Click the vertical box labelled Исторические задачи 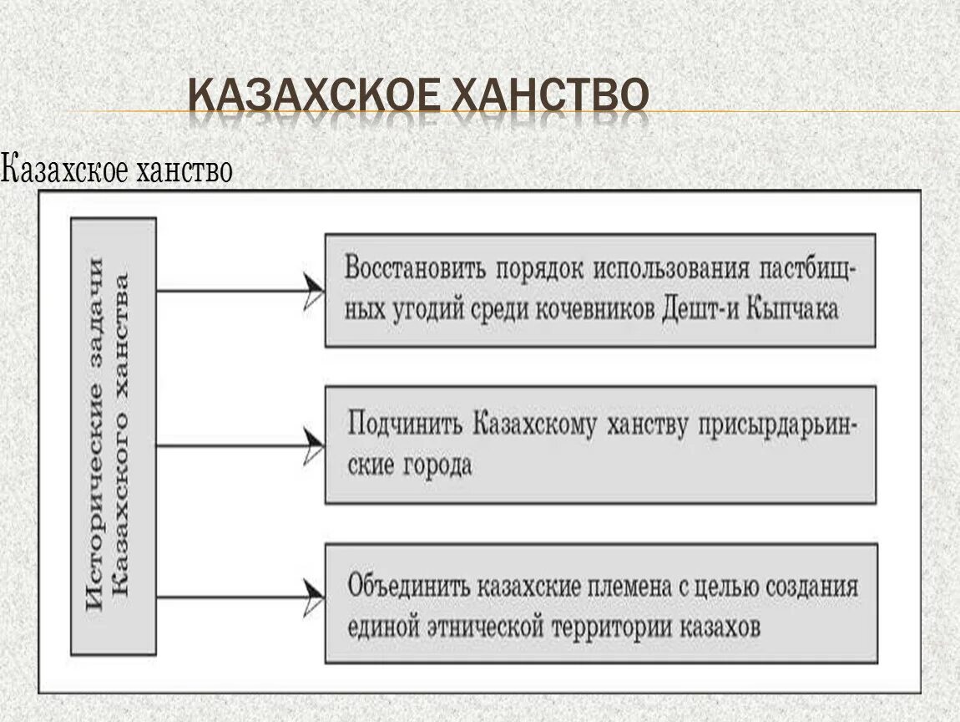pos(114,435)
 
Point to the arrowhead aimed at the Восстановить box pos(314,290)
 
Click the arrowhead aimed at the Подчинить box pos(314,445)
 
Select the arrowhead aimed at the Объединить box pos(314,597)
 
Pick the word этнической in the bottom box pos(484,624)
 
